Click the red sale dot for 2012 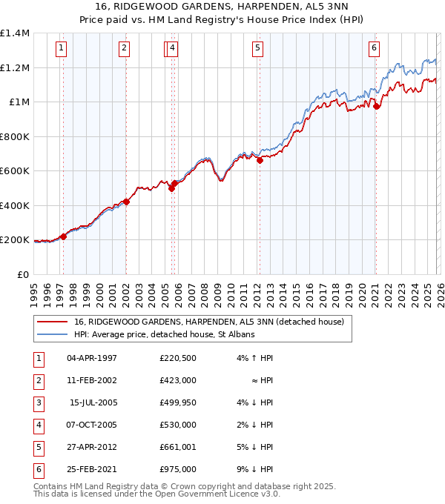point(260,160)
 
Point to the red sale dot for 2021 point(376,106)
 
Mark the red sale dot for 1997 point(63,236)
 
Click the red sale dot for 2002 point(127,202)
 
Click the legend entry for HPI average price point(164,335)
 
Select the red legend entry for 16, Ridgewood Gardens point(208,322)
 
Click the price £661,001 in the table point(177,447)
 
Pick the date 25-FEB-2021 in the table point(92,469)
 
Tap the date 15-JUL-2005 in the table point(92,403)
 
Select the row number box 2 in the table point(39,381)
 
